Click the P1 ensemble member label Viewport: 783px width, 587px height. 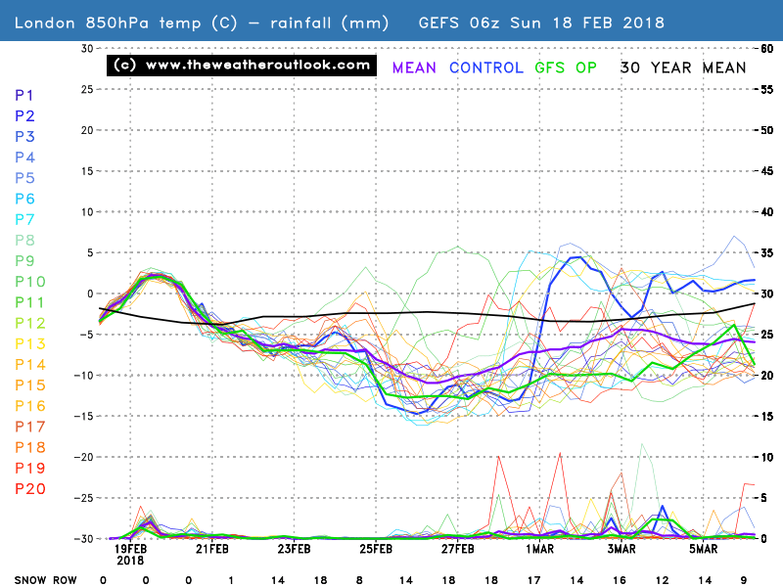pyautogui.click(x=25, y=95)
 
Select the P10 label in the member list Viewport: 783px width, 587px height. pyautogui.click(x=30, y=283)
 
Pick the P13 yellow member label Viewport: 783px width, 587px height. pyautogui.click(x=30, y=344)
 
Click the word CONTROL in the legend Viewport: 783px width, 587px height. pyautogui.click(x=486, y=68)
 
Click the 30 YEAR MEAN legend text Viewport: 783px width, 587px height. pyautogui.click(x=683, y=68)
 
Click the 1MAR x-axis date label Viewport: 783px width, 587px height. pyautogui.click(x=539, y=549)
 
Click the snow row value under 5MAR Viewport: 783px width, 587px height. pyautogui.click(x=704, y=580)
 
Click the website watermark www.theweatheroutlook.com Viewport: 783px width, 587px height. pyautogui.click(x=242, y=66)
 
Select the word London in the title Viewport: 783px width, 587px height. pyautogui.click(x=48, y=22)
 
